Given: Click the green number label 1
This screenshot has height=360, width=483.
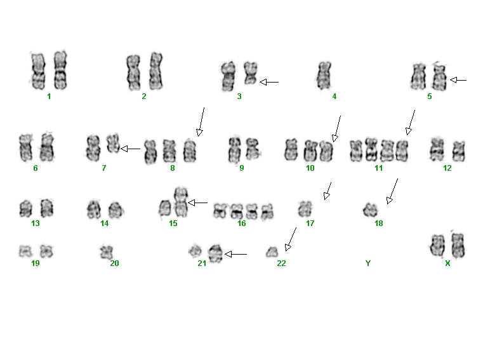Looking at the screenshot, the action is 49,97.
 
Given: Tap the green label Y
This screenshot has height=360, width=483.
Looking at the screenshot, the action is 367,263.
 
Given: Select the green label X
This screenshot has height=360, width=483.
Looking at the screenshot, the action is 447,263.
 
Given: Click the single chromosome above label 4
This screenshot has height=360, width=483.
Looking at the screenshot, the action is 324,75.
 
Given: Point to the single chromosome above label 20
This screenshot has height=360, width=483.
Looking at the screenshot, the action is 107,252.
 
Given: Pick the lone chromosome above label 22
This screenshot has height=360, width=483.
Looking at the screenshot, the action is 272,252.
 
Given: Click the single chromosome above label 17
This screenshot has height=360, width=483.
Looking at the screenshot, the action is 305,209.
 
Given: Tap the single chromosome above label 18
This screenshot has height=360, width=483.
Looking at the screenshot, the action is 370,210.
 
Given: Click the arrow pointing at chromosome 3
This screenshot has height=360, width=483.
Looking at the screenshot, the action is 269,83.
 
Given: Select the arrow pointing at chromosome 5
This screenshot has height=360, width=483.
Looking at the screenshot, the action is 458,80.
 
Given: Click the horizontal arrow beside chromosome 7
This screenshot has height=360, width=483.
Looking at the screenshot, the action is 130,149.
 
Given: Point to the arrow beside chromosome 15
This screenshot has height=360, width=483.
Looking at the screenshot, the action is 198,203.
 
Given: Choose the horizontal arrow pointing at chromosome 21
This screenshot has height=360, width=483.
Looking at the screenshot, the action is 236,254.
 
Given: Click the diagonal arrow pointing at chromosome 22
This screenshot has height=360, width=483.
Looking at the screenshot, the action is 291,239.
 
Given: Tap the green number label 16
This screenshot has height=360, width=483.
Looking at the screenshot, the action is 241,223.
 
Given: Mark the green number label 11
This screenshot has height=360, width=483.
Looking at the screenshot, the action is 378,168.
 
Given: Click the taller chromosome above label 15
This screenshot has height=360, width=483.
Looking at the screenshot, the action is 181,202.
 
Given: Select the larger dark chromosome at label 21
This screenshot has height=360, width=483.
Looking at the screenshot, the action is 215,254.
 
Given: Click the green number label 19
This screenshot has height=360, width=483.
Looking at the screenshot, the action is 36,263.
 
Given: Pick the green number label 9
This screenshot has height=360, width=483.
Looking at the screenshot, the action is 242,168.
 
